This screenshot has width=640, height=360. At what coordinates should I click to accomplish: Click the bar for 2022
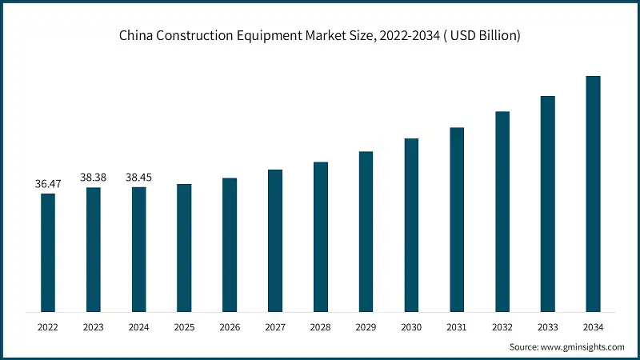point(48,252)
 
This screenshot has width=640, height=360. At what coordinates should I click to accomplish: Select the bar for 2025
point(184,247)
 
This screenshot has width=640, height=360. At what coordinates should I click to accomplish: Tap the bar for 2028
point(321,236)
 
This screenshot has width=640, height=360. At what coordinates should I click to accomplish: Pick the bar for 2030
point(411,225)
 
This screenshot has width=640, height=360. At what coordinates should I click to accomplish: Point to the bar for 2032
point(502,211)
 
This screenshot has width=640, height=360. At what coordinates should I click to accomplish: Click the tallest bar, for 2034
point(593,194)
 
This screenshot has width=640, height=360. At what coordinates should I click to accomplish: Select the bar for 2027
point(275,240)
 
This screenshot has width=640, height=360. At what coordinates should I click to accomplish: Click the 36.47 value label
point(48,184)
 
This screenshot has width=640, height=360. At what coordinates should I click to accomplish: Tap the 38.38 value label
point(94,178)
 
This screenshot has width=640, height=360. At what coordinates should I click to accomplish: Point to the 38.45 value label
point(139,178)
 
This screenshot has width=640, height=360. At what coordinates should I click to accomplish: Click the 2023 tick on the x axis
point(94,327)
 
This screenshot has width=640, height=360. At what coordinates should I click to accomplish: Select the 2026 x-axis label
point(230,327)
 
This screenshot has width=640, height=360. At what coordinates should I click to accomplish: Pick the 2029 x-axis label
point(366,327)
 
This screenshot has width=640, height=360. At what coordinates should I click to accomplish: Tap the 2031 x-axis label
point(457,327)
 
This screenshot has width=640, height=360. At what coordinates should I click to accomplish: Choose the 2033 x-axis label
point(547,327)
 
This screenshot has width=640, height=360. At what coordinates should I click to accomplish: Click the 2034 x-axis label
point(593,327)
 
